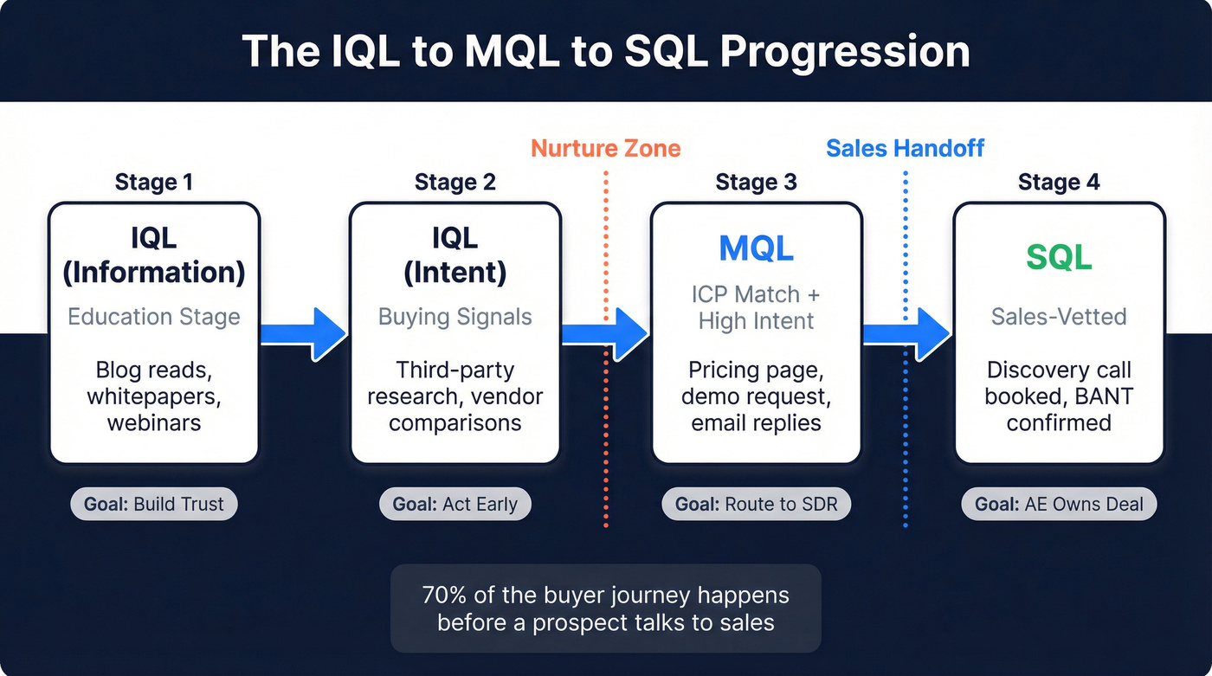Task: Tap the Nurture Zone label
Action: pyautogui.click(x=606, y=148)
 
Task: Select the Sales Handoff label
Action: pyautogui.click(x=905, y=148)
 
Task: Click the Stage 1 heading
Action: pyautogui.click(x=153, y=182)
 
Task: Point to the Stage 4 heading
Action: pyautogui.click(x=1058, y=182)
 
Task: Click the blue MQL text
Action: pyautogui.click(x=756, y=248)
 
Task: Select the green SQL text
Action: pyautogui.click(x=1059, y=257)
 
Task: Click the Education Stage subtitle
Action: pyautogui.click(x=153, y=316)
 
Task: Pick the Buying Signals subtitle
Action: pyautogui.click(x=455, y=316)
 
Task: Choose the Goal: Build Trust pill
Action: pyautogui.click(x=153, y=504)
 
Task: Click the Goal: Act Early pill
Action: pyautogui.click(x=455, y=504)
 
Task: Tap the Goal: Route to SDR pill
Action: pyautogui.click(x=756, y=504)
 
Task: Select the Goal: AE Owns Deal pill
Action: pyautogui.click(x=1059, y=504)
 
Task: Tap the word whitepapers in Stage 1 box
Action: pyautogui.click(x=153, y=396)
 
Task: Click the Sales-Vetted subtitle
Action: pyautogui.click(x=1059, y=316)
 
